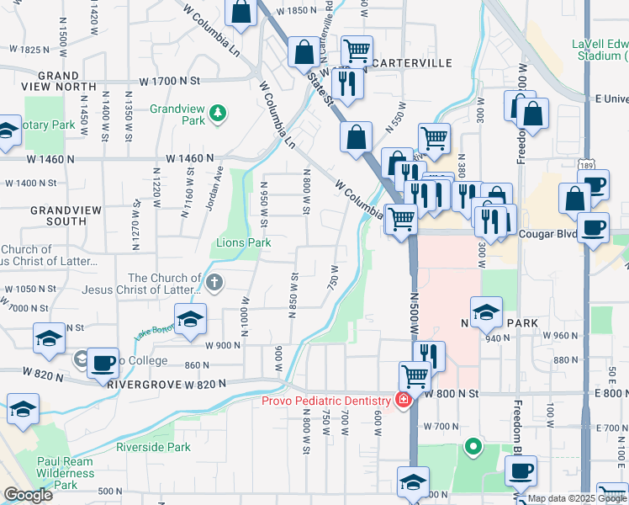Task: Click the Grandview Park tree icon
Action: (218, 111)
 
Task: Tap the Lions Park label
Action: (244, 242)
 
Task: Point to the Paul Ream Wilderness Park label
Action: (71, 473)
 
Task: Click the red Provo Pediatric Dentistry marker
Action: (404, 399)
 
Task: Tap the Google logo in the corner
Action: (28, 494)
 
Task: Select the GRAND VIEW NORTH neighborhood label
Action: (58, 81)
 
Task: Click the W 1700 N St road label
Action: (172, 82)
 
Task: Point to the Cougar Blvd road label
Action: (547, 234)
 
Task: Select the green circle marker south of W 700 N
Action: (473, 446)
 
